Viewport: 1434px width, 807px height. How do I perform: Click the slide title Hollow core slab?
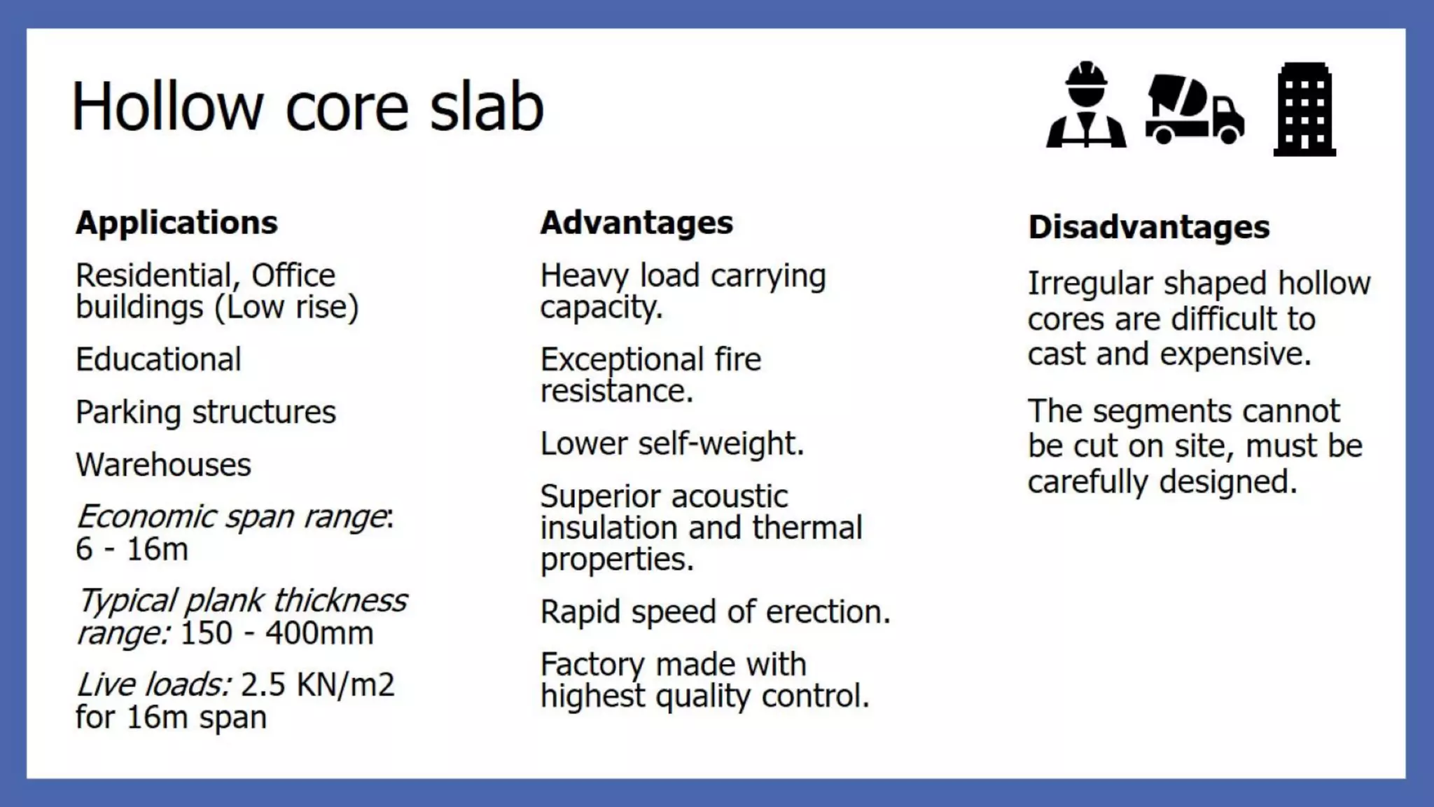(307, 107)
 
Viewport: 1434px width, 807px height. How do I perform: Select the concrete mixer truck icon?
(1195, 109)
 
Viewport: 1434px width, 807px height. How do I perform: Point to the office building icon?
(1304, 109)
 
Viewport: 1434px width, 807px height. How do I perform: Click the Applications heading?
(176, 223)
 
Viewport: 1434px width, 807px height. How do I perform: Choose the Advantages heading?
(636, 223)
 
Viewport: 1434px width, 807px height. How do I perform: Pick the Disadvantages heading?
(1148, 228)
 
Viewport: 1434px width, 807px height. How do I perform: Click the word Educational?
(158, 359)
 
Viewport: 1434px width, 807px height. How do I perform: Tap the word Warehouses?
(163, 464)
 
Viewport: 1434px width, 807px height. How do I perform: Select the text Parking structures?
(206, 412)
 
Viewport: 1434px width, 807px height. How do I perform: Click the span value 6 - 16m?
(132, 549)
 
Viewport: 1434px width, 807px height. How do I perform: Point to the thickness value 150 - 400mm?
(277, 633)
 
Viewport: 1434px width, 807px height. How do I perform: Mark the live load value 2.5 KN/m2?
(318, 685)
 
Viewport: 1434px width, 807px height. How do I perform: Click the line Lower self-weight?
(672, 443)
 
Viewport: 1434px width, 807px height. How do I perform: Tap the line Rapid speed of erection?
(715, 612)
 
